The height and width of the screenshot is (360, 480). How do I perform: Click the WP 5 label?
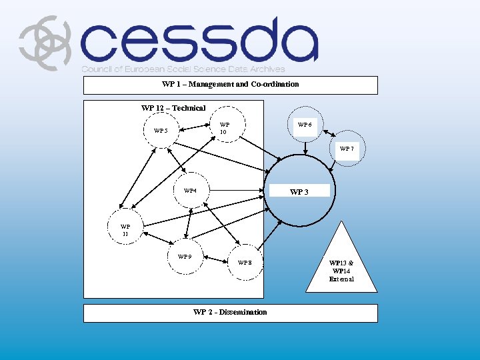click(x=161, y=130)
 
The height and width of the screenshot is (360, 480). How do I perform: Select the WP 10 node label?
click(x=224, y=128)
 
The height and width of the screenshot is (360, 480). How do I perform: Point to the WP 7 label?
click(x=347, y=149)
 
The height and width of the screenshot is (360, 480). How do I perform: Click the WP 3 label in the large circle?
click(x=299, y=192)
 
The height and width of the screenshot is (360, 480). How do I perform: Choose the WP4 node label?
click(x=191, y=191)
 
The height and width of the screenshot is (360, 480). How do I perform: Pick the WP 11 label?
click(x=125, y=230)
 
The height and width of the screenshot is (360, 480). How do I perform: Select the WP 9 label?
click(x=185, y=257)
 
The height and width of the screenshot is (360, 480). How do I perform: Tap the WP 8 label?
click(x=245, y=263)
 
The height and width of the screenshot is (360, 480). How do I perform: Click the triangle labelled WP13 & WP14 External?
click(x=341, y=267)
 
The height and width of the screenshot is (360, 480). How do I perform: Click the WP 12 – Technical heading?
click(x=173, y=108)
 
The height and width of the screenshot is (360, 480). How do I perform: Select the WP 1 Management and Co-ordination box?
click(x=230, y=85)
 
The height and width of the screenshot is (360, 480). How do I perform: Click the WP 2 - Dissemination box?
click(x=230, y=312)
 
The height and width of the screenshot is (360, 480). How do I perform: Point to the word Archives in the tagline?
click(x=267, y=69)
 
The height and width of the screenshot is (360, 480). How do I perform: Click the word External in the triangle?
click(x=341, y=279)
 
